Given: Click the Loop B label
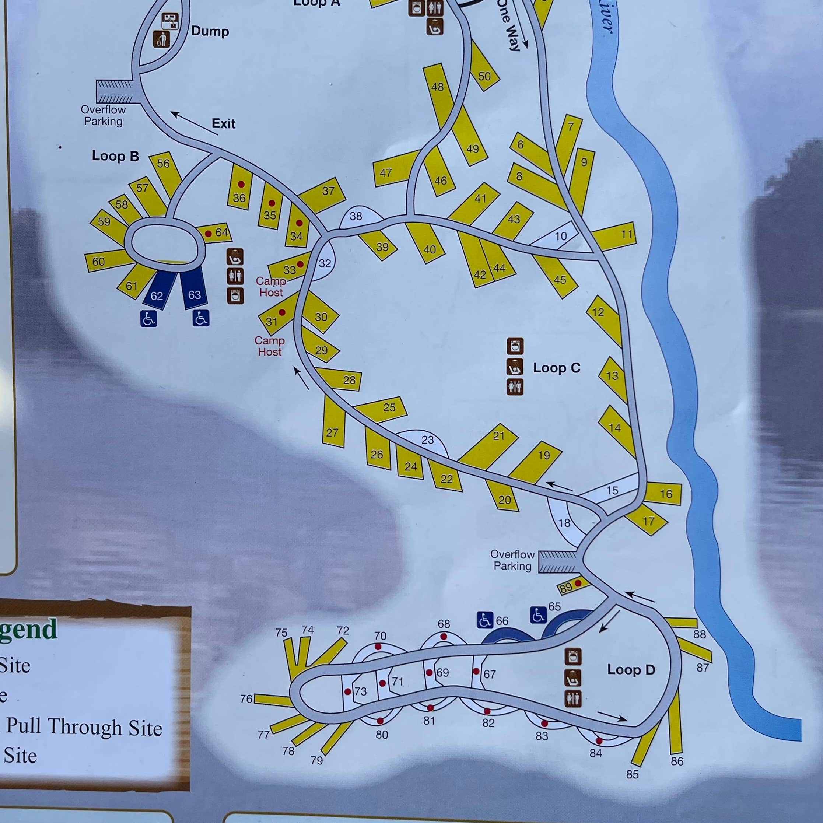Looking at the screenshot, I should click(115, 156).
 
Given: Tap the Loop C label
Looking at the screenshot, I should click(556, 368).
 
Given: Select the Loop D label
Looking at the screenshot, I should click(631, 669).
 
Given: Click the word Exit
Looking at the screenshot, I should click(224, 123).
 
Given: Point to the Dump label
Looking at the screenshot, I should click(210, 31).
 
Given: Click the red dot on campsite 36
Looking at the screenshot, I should click(241, 185).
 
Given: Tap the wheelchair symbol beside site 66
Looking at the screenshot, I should click(485, 620).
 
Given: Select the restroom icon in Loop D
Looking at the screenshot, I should click(573, 698).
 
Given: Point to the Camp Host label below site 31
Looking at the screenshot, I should click(269, 346).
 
